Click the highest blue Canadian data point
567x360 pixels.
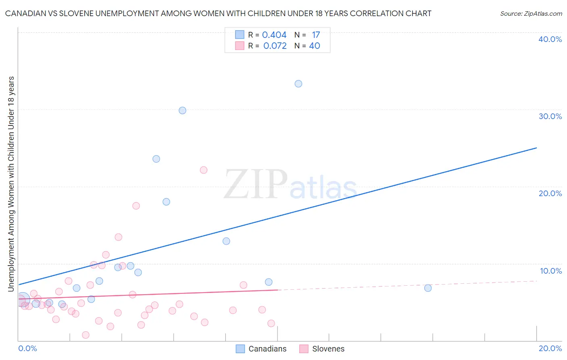[x=298, y=84]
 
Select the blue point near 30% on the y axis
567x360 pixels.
[x=182, y=111]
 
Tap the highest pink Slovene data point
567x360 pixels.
[x=204, y=170]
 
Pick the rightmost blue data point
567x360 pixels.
[x=428, y=288]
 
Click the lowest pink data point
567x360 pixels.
[x=85, y=335]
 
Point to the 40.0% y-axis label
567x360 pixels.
[x=550, y=39]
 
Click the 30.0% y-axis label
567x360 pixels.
[x=550, y=116]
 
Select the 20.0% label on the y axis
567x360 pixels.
[x=550, y=193]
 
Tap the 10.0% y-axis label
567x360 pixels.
[x=551, y=271]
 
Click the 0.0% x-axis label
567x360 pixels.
[x=28, y=348]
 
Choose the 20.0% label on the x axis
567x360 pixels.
[x=550, y=348]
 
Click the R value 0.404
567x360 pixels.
[x=274, y=35]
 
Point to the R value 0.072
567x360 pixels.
[x=275, y=46]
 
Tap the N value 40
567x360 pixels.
[x=315, y=46]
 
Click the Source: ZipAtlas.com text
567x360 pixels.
[x=531, y=14]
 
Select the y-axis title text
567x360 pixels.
[x=11, y=184]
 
